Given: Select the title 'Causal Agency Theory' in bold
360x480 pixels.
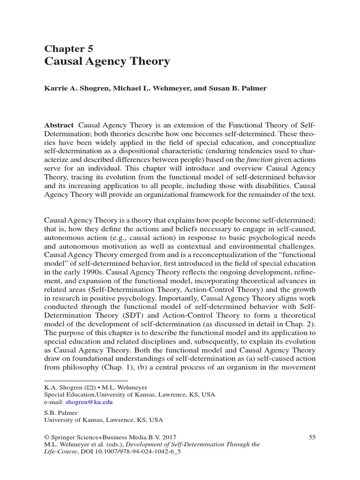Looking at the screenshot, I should [107, 61].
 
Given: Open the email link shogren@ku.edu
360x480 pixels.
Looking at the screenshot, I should [93, 402].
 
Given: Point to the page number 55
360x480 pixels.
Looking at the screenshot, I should [313, 437].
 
